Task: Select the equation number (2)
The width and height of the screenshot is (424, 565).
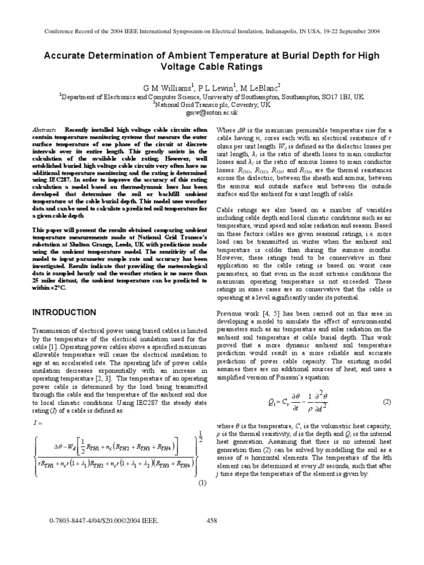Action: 386,403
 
